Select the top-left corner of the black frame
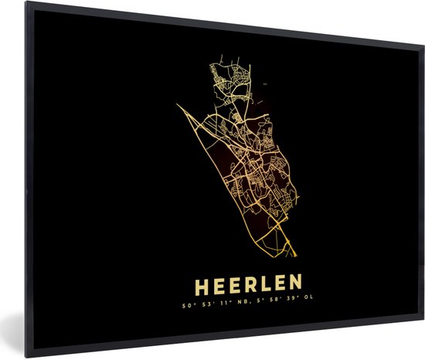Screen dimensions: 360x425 tap(25, 3)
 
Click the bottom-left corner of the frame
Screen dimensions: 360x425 tap(25, 358)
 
